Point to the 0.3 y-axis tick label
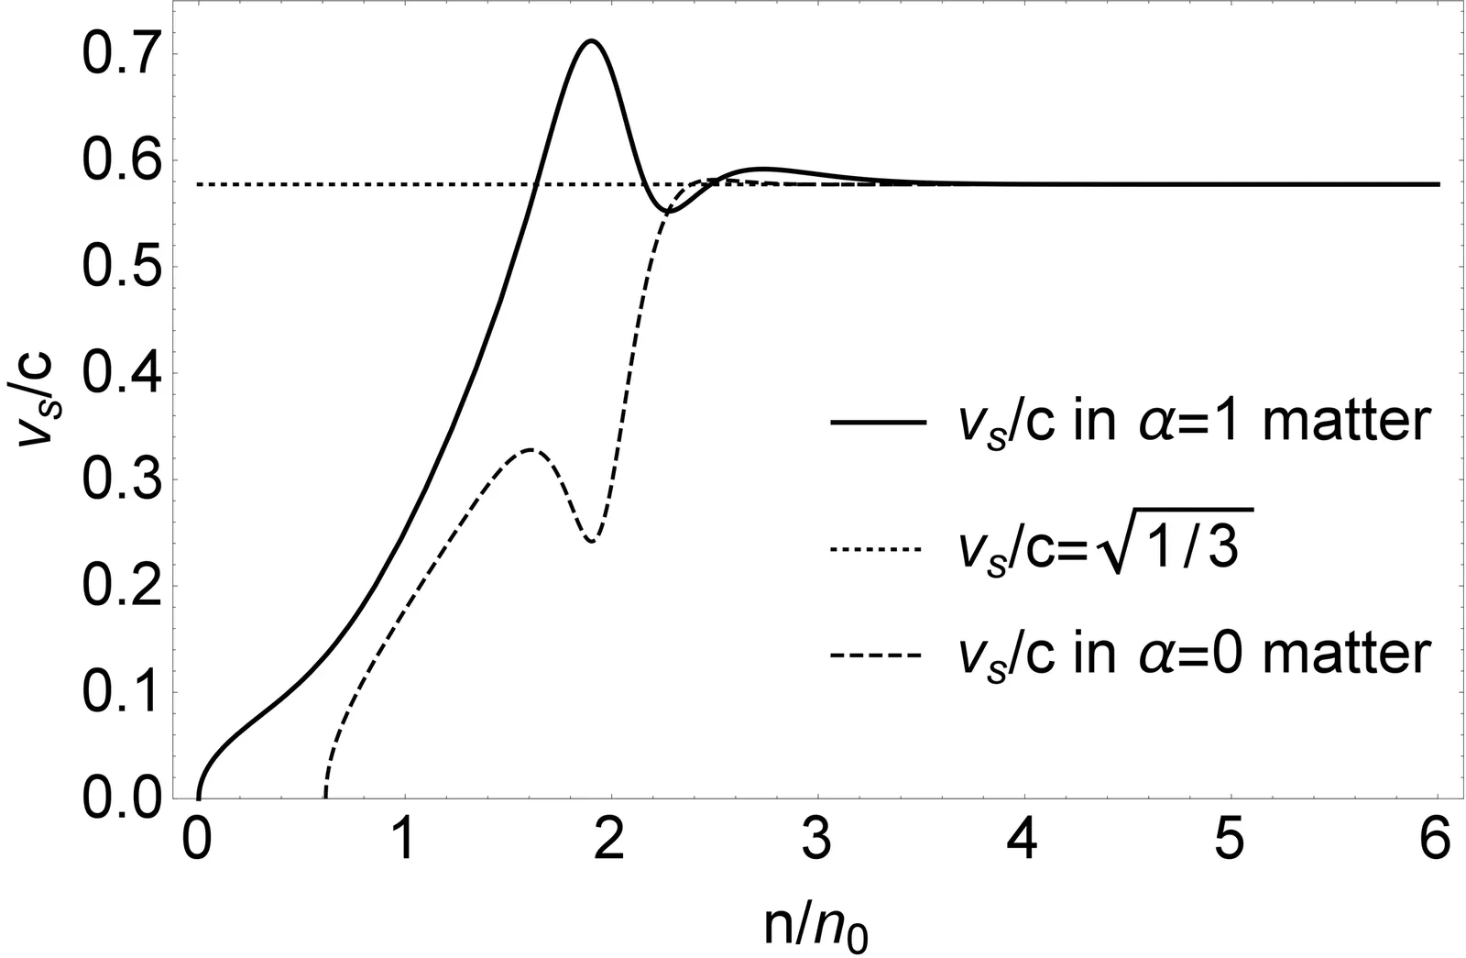click(117, 480)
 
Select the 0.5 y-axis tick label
click(117, 268)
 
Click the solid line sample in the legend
click(875, 423)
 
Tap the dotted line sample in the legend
click(875, 549)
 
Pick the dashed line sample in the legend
click(875, 656)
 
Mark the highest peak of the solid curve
click(591, 40)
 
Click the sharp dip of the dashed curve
click(593, 541)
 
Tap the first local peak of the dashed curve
click(531, 449)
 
